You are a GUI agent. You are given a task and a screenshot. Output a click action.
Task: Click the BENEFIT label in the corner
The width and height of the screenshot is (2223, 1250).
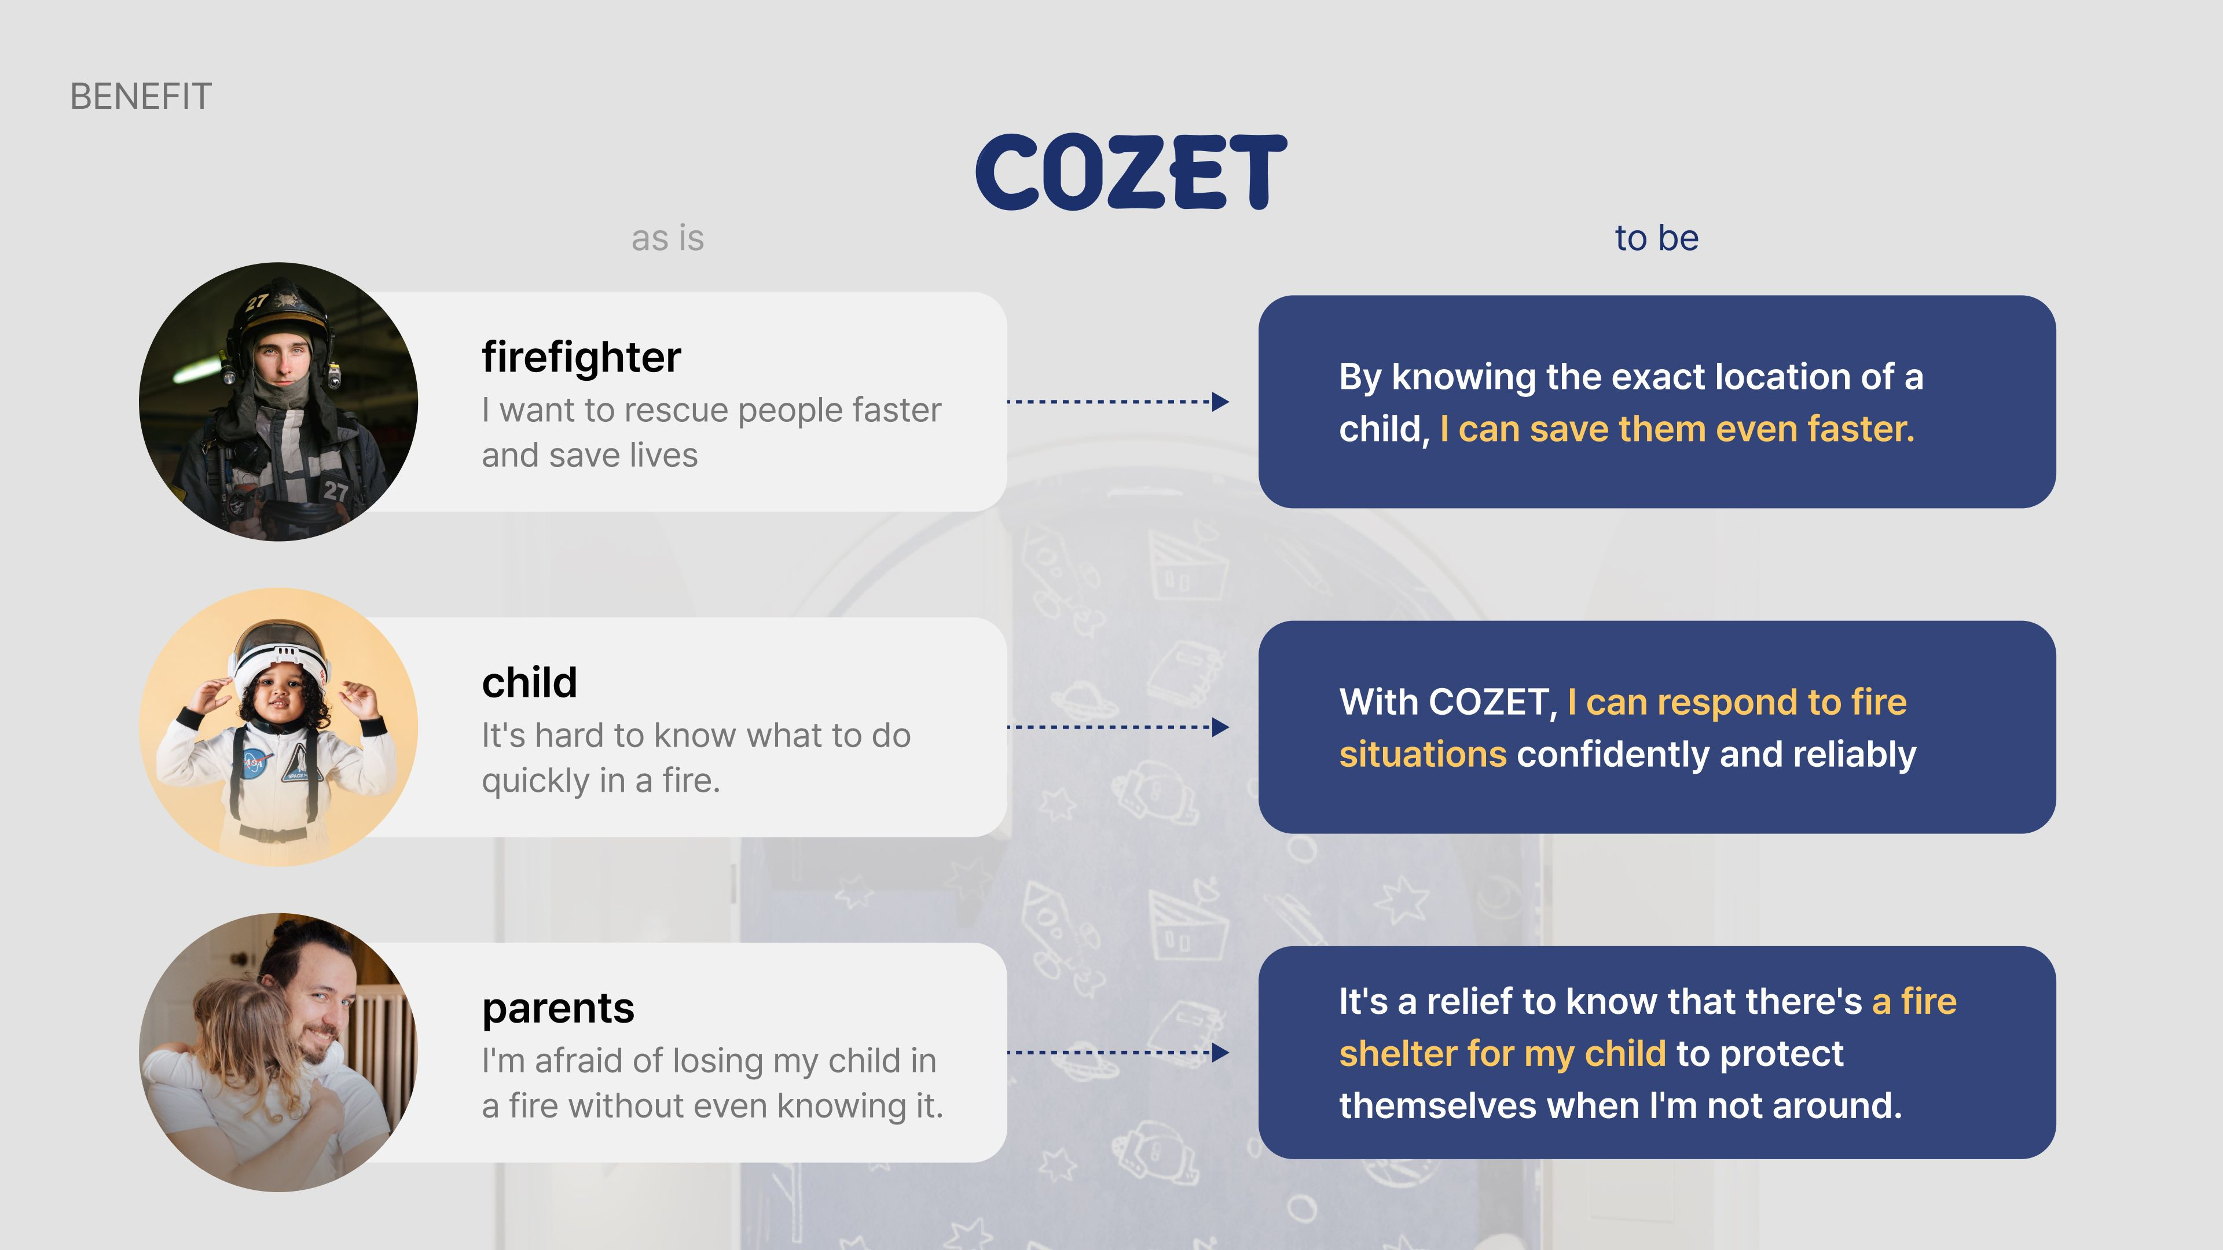[141, 97]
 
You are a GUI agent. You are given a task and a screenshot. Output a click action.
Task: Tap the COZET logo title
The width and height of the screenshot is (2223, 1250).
[1131, 172]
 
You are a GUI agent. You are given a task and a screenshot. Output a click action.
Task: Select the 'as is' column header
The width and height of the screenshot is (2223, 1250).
[667, 238]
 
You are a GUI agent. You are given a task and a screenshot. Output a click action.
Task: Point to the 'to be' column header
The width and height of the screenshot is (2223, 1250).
[1656, 238]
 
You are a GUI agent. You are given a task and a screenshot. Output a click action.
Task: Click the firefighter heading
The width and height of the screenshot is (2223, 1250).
[581, 357]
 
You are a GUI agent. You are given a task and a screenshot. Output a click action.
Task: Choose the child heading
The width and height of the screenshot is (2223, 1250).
[529, 682]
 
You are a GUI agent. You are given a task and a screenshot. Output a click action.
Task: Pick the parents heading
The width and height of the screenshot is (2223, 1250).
[557, 1008]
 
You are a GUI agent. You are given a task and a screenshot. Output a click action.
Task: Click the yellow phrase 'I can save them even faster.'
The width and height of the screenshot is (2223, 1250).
[1677, 429]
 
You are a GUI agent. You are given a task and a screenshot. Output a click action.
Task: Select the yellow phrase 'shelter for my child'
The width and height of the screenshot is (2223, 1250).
[1502, 1053]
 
